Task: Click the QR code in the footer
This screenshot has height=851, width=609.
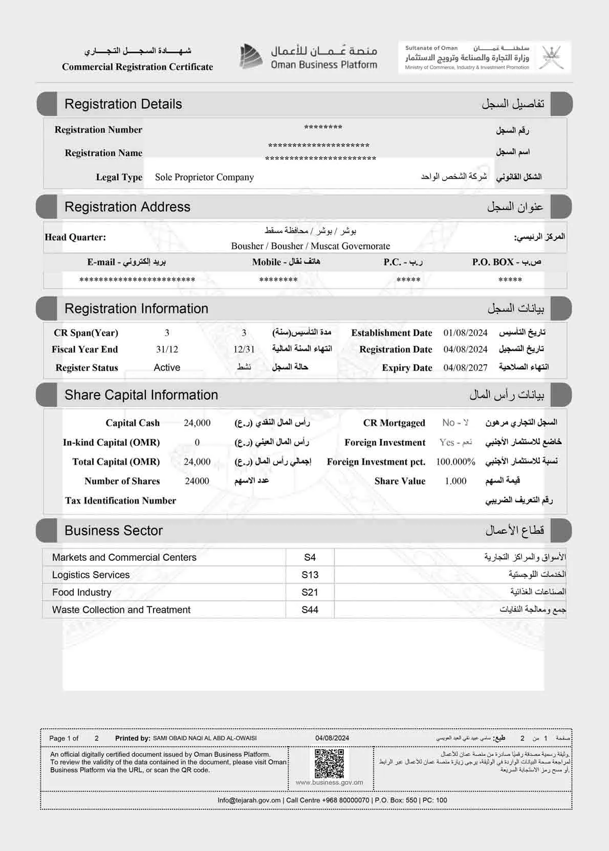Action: click(x=329, y=763)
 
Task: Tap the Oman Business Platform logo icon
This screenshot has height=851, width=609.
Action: click(x=251, y=56)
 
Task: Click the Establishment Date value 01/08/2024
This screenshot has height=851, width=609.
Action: click(x=465, y=333)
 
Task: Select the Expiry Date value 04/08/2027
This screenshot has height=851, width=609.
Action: click(x=465, y=367)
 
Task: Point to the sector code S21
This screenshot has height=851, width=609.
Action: click(x=310, y=592)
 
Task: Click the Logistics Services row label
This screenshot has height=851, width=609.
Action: click(x=91, y=575)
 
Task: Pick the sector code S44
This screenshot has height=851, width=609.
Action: click(x=310, y=609)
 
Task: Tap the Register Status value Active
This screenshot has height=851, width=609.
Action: click(x=167, y=367)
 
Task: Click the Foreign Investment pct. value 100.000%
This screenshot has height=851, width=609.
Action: click(x=455, y=462)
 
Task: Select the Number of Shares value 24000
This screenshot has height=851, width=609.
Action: click(x=197, y=481)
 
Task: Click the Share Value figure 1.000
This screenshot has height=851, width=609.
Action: click(x=455, y=481)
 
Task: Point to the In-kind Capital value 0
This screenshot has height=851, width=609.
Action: click(x=197, y=442)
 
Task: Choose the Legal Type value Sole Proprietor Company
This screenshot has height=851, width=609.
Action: click(x=204, y=177)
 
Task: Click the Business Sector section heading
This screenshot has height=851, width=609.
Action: click(x=114, y=531)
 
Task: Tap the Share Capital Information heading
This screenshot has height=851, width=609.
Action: click(x=141, y=395)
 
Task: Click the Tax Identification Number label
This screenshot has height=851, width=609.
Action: click(x=120, y=500)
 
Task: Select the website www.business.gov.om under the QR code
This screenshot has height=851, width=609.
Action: click(x=329, y=782)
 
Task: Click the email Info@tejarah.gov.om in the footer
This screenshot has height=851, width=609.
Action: click(x=249, y=800)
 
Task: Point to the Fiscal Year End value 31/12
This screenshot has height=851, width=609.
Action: click(x=167, y=350)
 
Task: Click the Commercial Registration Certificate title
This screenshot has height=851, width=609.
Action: click(x=137, y=67)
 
